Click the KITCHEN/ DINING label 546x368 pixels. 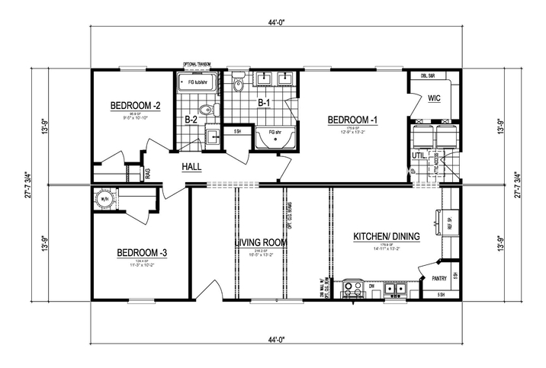click(x=383, y=236)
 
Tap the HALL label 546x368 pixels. click(x=191, y=167)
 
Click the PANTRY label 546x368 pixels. click(x=438, y=279)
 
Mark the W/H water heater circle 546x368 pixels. click(x=104, y=200)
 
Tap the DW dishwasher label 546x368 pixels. click(x=372, y=286)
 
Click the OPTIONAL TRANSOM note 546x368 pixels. click(x=196, y=65)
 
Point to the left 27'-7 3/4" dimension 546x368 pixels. click(x=27, y=184)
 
